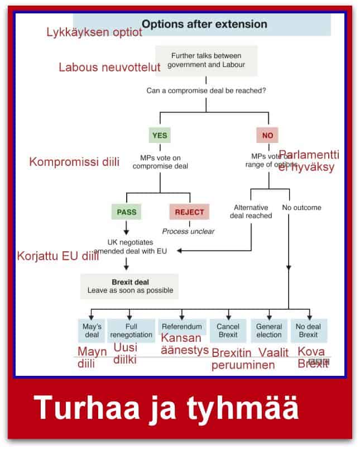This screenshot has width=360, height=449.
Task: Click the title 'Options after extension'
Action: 204,25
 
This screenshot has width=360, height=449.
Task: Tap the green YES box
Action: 160,135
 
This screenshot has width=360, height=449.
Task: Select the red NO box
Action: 267,135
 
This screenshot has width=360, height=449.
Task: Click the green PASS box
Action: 126,212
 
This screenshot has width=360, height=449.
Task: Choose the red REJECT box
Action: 189,212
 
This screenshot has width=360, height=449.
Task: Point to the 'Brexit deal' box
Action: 129,286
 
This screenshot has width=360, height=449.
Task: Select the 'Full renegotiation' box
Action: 131,331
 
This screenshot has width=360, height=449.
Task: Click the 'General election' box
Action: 268,331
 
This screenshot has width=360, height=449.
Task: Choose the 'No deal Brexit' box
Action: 309,331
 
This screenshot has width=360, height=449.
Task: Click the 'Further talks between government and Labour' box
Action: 206,60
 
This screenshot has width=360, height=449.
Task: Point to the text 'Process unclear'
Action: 188,231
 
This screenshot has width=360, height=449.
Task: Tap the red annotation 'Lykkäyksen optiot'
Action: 94,33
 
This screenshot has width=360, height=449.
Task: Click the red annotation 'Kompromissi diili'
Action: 74,163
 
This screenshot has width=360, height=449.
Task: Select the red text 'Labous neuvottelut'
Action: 109,68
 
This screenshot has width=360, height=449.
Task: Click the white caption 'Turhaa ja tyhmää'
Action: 166,408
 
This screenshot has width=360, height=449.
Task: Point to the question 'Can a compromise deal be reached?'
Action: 206,90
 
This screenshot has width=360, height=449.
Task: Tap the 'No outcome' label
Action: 302,208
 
